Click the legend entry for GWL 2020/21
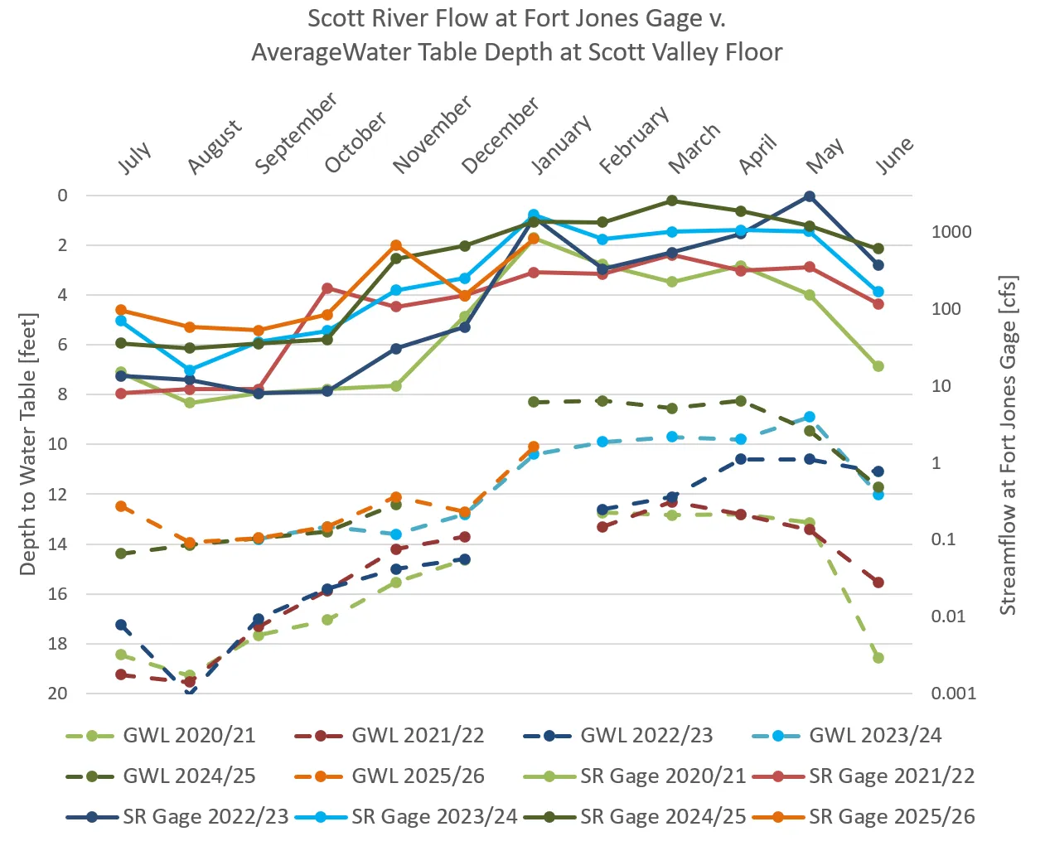tap(162, 735)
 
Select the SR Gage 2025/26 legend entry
tap(864, 816)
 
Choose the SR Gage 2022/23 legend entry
tap(178, 816)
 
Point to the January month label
tap(561, 144)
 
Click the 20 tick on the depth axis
tap(57, 694)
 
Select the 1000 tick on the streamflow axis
tap(951, 232)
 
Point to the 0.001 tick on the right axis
tap(954, 694)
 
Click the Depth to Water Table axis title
tap(28, 444)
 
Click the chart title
tap(517, 35)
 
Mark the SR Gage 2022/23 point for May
tap(810, 196)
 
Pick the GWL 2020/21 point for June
tap(878, 658)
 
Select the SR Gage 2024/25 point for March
tap(672, 201)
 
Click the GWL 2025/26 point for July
tap(121, 506)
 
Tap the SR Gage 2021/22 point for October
tap(327, 288)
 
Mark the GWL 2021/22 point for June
tap(878, 583)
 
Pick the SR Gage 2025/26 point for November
tap(396, 245)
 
